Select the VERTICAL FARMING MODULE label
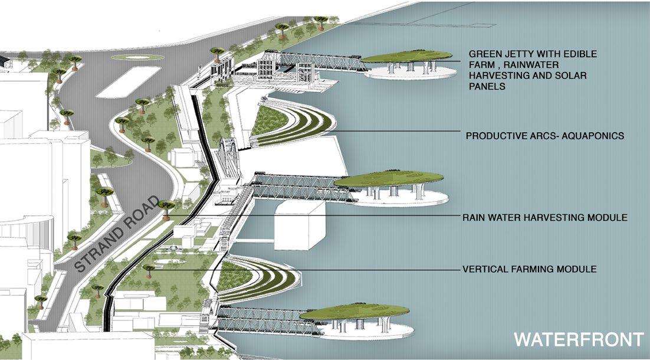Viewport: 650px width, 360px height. [x=529, y=269]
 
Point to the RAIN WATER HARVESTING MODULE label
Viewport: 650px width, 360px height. [x=544, y=218]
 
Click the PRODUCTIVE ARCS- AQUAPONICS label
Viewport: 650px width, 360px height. [x=544, y=136]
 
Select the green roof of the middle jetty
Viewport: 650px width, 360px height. [x=389, y=179]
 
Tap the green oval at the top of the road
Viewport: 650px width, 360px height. [x=131, y=58]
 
